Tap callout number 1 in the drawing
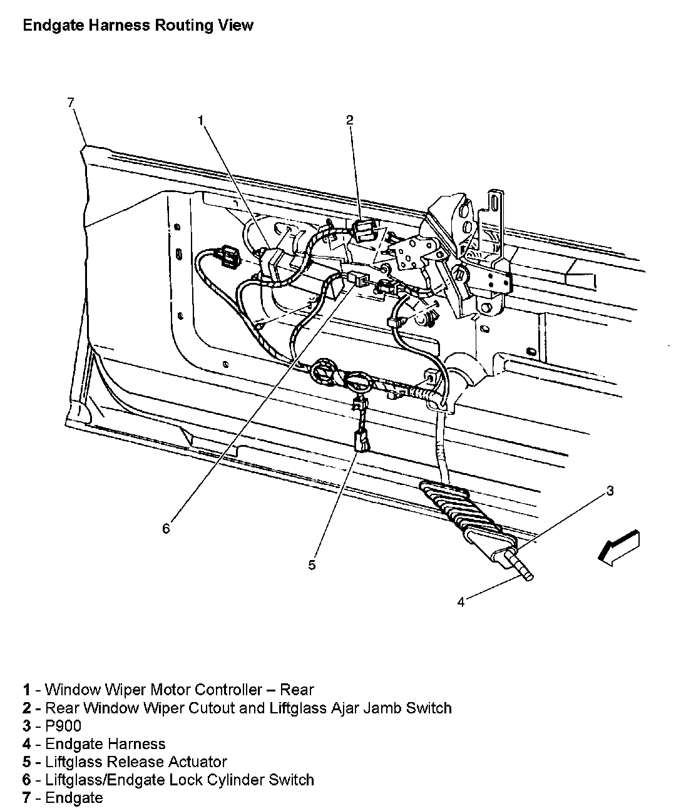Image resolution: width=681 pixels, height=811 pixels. coord(201,120)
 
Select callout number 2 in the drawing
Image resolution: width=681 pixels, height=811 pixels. coord(350,120)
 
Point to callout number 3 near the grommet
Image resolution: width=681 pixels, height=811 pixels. coord(610,491)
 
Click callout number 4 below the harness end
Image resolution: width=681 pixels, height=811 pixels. coord(461,602)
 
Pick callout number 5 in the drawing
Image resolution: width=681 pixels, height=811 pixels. coord(312,565)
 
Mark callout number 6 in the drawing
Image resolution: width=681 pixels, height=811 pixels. coord(166,529)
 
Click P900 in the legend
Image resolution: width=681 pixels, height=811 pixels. coord(63,726)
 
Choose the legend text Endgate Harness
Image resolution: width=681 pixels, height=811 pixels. coord(105,744)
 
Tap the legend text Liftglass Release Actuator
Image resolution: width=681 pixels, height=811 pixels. coord(136,762)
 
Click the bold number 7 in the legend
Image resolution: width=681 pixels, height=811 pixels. coord(26,798)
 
